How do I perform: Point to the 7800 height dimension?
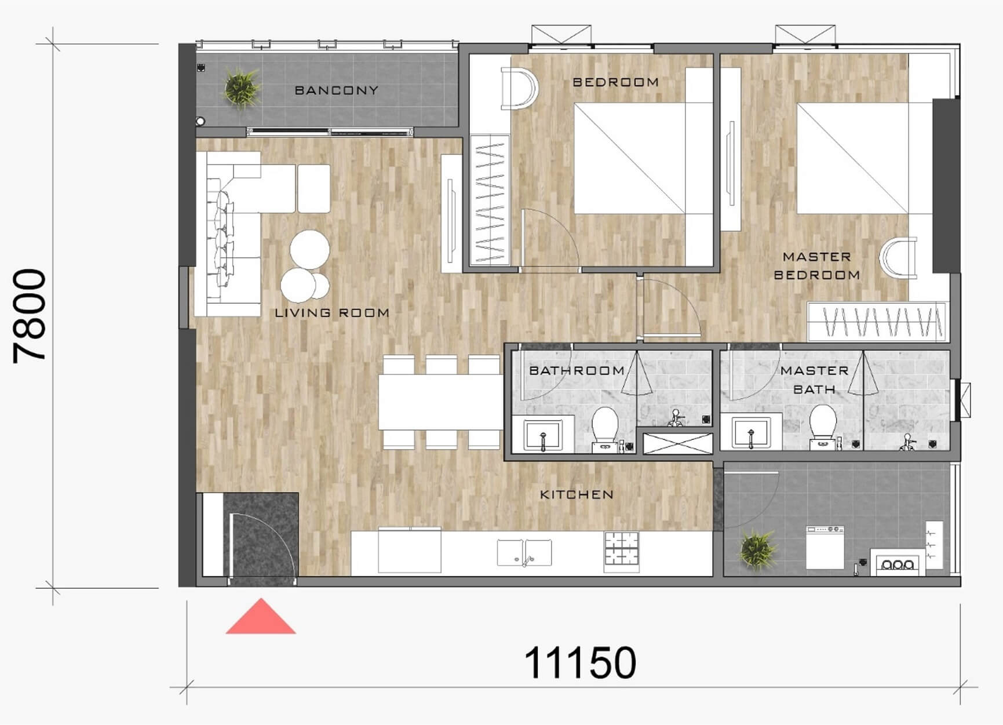30,316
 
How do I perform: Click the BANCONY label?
336,90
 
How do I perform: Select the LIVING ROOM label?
332,313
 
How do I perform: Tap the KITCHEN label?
577,494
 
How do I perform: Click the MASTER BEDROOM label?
817,265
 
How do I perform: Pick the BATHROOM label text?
577,370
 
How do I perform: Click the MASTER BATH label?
814,380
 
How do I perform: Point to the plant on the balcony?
242,87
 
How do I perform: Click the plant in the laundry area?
757,549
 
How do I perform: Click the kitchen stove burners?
621,548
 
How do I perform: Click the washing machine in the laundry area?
825,547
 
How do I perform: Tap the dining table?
440,402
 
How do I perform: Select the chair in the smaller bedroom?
520,89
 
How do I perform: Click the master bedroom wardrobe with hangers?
877,322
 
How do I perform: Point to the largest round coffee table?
310,249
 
